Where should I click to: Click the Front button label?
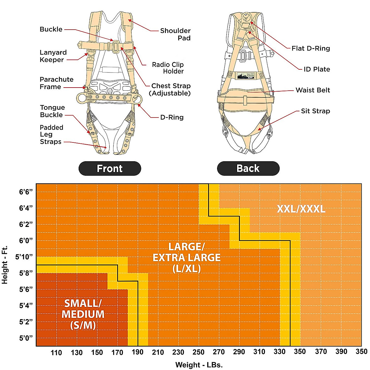[x=110, y=169]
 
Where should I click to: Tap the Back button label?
[x=248, y=168]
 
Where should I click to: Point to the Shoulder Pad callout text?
[x=175, y=34]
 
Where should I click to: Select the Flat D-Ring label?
[x=310, y=48]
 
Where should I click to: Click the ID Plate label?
[x=317, y=69]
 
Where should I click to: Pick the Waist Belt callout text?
[x=313, y=90]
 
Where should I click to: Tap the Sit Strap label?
[x=315, y=111]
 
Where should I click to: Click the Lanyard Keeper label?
[x=53, y=56]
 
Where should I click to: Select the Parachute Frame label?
[x=56, y=83]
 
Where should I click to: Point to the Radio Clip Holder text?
[x=168, y=68]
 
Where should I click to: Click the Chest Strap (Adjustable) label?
[x=171, y=89]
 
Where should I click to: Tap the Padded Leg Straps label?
[x=51, y=134]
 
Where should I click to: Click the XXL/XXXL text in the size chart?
[x=301, y=209]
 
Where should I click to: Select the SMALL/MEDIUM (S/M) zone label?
[x=83, y=314]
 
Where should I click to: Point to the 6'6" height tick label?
[x=26, y=192]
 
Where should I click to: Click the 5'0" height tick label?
[x=26, y=338]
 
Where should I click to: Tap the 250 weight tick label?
[x=199, y=352]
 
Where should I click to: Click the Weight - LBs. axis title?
[x=199, y=365]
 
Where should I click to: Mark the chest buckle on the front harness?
[x=115, y=47]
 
